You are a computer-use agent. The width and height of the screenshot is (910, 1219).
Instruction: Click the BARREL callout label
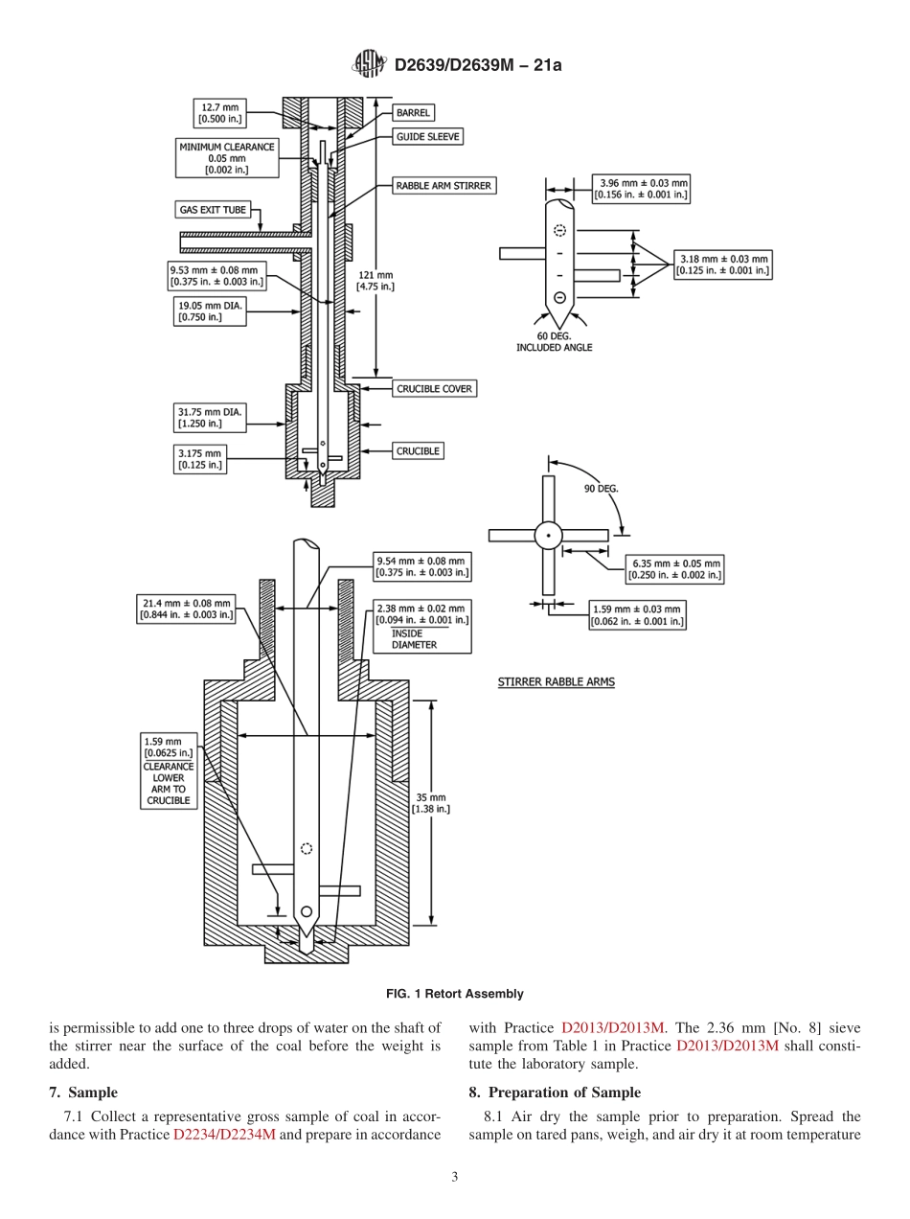(413, 112)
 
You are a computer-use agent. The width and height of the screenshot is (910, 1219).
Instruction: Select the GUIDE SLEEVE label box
(427, 137)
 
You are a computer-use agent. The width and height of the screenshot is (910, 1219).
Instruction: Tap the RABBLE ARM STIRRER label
(444, 186)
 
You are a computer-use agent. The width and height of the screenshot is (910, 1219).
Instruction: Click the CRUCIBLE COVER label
(434, 388)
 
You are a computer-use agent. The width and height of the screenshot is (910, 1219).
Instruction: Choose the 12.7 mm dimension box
(219, 113)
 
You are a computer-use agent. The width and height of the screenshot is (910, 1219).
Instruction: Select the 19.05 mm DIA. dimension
(199, 311)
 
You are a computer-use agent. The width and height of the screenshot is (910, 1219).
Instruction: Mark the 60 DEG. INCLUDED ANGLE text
(554, 342)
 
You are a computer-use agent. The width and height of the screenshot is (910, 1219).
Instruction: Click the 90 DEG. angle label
(601, 488)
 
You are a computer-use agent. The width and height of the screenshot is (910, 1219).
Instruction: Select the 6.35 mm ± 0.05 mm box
(674, 569)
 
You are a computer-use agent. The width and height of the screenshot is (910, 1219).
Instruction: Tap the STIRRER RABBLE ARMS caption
(556, 682)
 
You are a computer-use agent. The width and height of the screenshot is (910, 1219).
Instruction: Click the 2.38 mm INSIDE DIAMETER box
(421, 627)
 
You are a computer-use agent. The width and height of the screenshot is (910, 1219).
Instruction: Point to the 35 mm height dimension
(430, 803)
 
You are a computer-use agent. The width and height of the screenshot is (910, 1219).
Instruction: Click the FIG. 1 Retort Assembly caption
(454, 994)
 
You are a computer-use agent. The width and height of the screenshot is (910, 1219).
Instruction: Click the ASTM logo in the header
(370, 65)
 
